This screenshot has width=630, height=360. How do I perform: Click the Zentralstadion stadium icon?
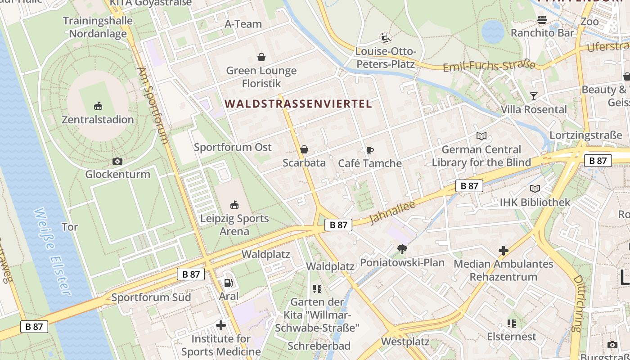(98, 106)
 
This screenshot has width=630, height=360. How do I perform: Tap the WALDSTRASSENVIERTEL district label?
(298, 104)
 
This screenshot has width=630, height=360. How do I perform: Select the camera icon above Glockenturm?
(117, 161)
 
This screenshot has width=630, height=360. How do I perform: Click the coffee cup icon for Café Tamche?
(370, 150)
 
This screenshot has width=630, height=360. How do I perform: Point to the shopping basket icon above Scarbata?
(304, 149)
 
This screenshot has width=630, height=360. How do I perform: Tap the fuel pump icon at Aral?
(228, 283)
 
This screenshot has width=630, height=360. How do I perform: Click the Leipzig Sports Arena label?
(234, 225)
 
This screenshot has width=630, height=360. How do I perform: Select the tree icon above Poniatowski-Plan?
(402, 249)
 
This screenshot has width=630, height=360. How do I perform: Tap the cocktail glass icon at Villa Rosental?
(534, 96)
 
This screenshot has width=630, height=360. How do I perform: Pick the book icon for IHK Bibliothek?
(535, 189)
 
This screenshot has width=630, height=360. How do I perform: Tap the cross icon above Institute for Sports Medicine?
(220, 325)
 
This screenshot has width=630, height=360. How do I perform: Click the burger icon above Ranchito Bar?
(542, 20)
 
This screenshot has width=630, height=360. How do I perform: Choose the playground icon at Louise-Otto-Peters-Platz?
(385, 38)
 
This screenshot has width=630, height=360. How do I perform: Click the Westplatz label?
(405, 342)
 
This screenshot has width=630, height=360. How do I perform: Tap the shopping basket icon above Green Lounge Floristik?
(261, 57)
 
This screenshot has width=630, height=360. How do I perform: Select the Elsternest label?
(512, 337)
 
